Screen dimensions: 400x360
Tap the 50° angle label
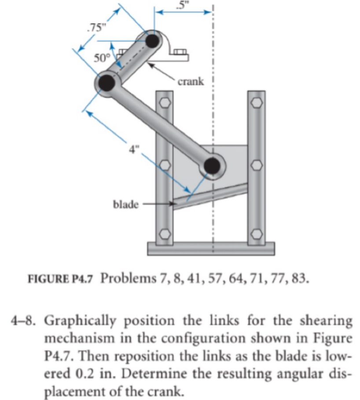pos(102,58)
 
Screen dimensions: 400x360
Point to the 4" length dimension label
pos(134,148)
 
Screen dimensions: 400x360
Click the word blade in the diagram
pos(126,204)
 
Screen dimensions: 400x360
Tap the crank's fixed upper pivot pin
pos(153,41)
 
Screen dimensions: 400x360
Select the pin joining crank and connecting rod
pos(107,82)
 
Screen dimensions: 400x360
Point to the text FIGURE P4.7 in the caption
pos(62,280)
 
